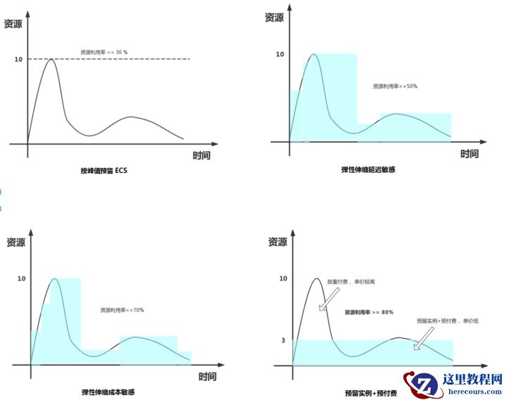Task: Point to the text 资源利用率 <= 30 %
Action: click(104, 52)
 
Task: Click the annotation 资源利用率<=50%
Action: click(395, 86)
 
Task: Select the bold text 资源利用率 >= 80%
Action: click(368, 311)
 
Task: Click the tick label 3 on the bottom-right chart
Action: click(283, 340)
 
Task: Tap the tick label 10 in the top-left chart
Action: click(18, 59)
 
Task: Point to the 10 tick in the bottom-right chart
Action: click(283, 278)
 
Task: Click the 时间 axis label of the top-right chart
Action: click(469, 154)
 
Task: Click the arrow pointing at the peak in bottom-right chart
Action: click(325, 298)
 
